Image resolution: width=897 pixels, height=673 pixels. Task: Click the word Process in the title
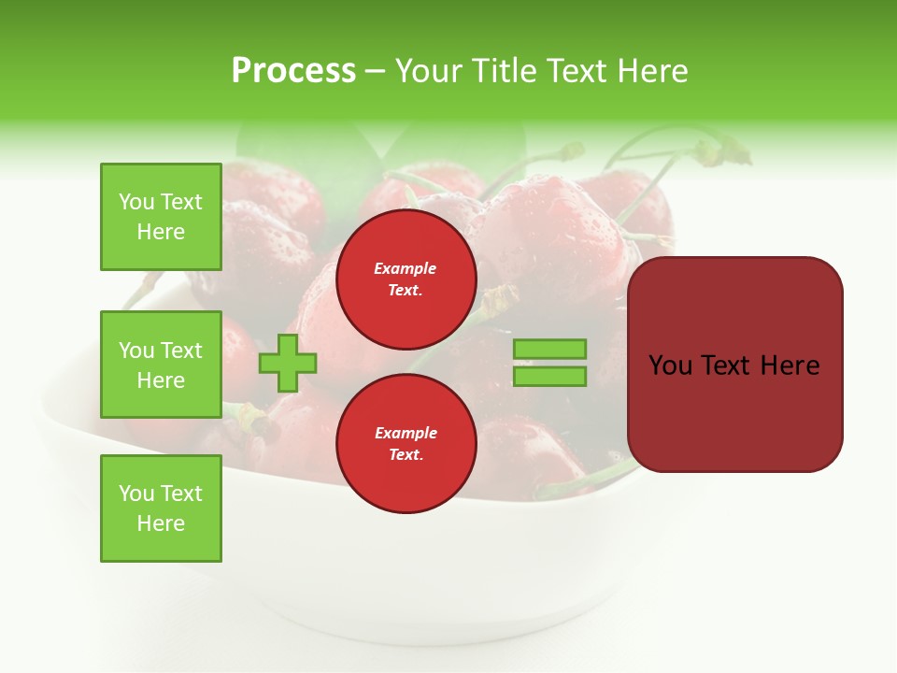293,71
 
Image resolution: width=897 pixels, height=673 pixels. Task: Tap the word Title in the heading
503,71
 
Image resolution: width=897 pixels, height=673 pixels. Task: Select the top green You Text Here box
161,217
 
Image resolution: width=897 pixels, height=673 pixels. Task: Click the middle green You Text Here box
161,365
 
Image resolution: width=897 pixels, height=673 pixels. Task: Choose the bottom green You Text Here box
161,508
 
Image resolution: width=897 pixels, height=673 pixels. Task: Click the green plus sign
288,362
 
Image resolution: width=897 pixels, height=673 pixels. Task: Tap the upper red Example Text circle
406,279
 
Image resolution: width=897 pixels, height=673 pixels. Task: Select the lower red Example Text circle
406,444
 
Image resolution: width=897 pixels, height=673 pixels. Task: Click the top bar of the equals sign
549,349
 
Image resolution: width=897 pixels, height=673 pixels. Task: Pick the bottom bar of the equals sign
549,377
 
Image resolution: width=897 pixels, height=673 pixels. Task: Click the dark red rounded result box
735,365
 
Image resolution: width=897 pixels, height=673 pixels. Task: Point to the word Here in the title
650,71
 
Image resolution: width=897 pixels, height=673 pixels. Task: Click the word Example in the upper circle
406,268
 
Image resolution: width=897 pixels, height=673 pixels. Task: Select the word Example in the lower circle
406,433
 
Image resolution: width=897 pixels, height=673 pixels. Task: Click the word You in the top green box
136,202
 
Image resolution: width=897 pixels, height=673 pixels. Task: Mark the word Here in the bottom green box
161,523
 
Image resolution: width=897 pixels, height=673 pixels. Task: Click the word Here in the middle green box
161,380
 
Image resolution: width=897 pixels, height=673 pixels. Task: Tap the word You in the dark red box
671,365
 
